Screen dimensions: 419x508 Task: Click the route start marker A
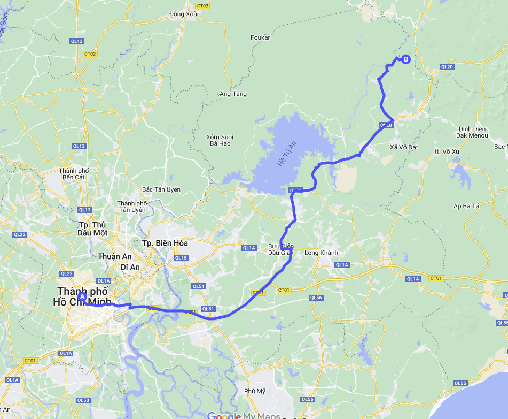[82, 296]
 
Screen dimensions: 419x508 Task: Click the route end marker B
[406, 59]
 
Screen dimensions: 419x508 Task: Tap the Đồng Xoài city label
[184, 14]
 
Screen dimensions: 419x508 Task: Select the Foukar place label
[260, 37]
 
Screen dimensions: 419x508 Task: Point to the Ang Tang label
[233, 94]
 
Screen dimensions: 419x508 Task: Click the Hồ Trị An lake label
[286, 154]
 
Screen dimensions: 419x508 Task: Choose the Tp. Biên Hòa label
[165, 243]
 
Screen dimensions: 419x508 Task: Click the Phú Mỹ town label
[254, 391]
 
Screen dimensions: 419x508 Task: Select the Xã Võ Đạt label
[404, 147]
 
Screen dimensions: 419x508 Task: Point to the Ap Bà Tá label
[467, 205]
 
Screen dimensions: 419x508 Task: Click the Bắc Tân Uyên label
[161, 189]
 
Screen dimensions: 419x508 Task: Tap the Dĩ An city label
[130, 266]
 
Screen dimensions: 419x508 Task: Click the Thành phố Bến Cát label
[74, 173]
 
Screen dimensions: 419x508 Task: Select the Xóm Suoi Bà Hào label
[220, 140]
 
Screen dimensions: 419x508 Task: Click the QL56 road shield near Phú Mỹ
[307, 399]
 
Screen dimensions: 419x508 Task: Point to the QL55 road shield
[460, 383]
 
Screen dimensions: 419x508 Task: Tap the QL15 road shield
[181, 258]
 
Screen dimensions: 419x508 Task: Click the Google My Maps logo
[243, 415]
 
